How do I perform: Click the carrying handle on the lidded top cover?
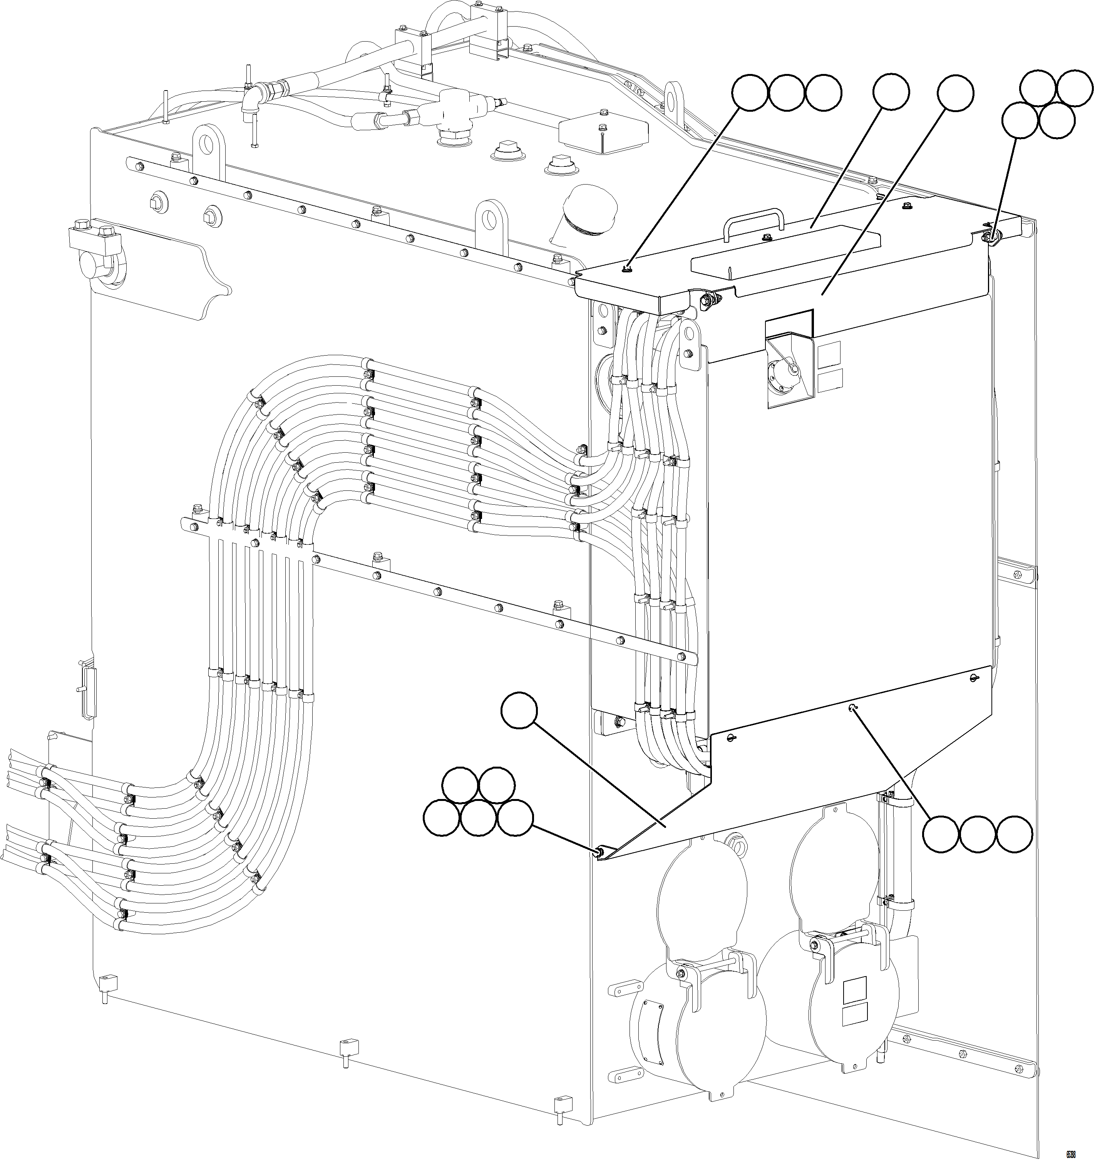(x=753, y=219)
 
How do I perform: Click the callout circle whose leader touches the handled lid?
(x=891, y=92)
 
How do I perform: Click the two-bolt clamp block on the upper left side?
(x=94, y=237)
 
